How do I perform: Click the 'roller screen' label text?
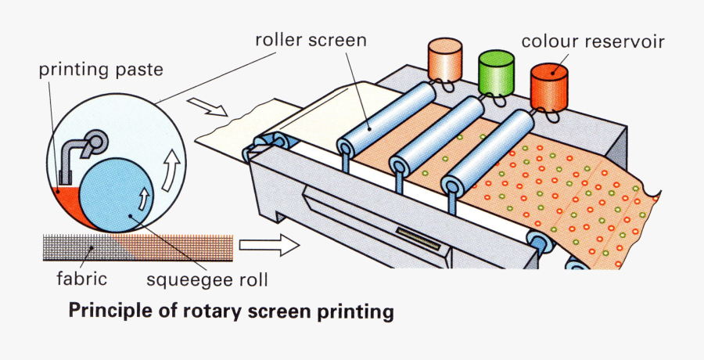pyautogui.click(x=311, y=40)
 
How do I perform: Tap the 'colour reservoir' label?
pyautogui.click(x=592, y=41)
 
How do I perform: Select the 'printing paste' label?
pyautogui.click(x=101, y=70)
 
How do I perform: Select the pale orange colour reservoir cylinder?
pyautogui.click(x=447, y=59)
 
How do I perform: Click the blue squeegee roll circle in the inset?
pyautogui.click(x=114, y=192)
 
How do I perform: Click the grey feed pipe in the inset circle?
pyautogui.click(x=83, y=149)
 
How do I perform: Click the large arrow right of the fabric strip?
pyautogui.click(x=268, y=246)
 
